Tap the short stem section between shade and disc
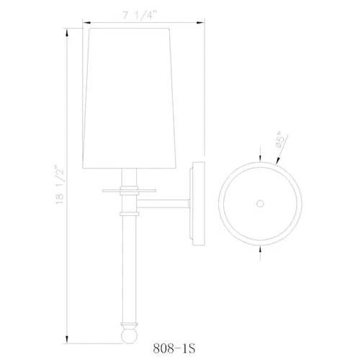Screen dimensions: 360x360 point(127,176)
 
